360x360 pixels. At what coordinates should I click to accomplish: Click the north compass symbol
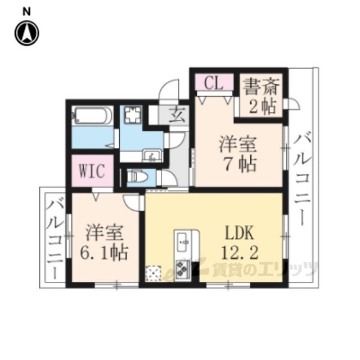point(27,33)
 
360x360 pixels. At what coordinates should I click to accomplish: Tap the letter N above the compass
point(26,12)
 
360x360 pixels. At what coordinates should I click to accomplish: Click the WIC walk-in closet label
point(92,170)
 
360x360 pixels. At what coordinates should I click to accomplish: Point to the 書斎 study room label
point(262,87)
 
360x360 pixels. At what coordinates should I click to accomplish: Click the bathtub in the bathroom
point(92,115)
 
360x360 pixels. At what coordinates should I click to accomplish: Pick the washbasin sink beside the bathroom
point(151,155)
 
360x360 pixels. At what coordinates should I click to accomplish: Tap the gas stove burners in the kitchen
point(183,269)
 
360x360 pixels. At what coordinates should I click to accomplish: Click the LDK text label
point(240,232)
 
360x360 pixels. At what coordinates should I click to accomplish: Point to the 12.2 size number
point(240,252)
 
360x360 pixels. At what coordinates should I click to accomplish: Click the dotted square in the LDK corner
point(154,273)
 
